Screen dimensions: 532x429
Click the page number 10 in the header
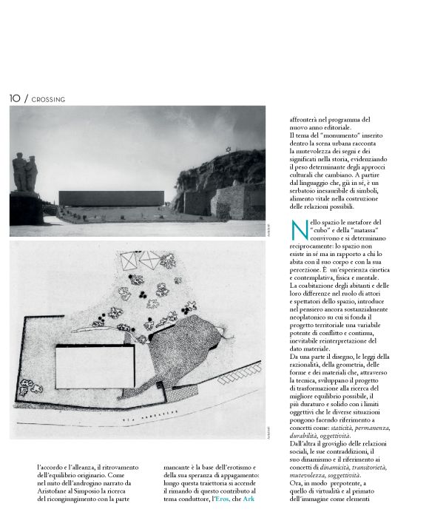[15, 98]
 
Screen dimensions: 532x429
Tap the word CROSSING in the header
[49, 98]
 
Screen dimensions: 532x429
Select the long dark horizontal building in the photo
[111, 198]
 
